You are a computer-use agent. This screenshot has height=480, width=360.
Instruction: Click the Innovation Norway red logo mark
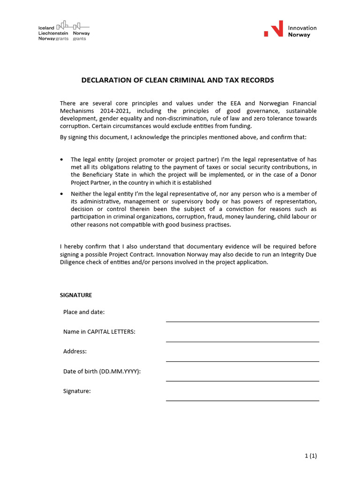tap(274, 29)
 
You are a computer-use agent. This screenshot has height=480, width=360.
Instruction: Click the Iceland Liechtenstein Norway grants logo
tap(64, 31)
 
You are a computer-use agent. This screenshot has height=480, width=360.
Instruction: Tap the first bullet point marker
tap(62, 160)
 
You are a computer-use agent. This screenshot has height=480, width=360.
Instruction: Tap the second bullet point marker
tap(62, 194)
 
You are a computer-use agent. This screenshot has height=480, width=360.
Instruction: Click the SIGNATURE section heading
tap(76, 295)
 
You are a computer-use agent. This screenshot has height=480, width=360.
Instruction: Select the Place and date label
tap(84, 312)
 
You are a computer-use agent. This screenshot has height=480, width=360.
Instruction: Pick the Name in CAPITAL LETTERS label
tap(99, 332)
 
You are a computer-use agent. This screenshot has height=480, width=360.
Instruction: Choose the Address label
tap(75, 352)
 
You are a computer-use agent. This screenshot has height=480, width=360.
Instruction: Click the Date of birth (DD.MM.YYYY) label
tap(102, 371)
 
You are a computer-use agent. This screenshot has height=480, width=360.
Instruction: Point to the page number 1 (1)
tap(310, 456)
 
